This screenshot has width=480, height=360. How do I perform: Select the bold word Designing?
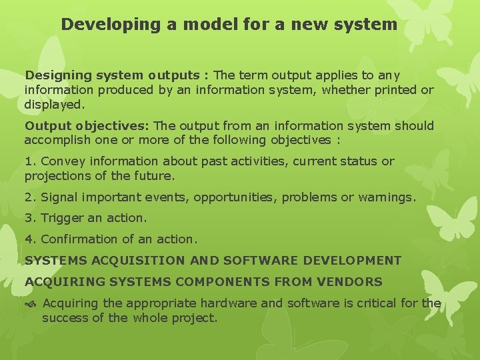pos(56,76)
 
